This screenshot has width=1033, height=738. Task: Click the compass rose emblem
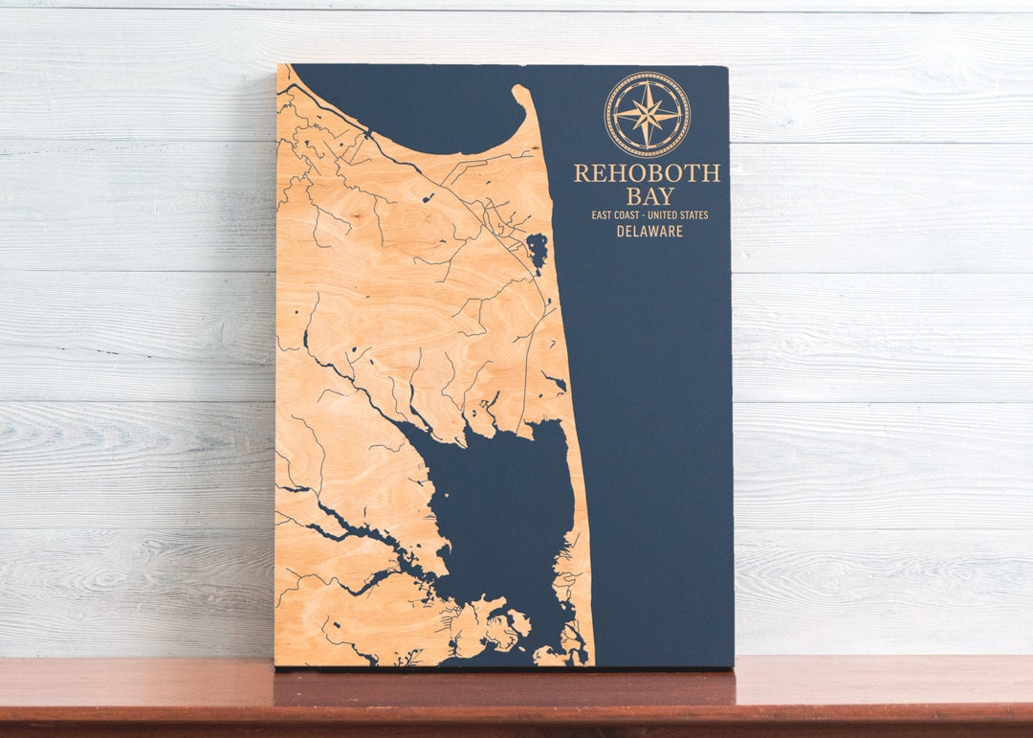click(x=647, y=115)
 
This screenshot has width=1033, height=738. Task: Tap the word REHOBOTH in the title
click(x=647, y=173)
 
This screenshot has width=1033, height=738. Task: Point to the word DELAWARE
click(x=649, y=232)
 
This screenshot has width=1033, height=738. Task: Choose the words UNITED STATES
click(x=679, y=215)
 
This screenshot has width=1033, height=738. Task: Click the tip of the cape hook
click(x=519, y=90)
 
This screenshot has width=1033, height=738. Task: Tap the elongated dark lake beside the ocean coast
click(x=538, y=251)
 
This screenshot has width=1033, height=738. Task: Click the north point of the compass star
click(x=647, y=82)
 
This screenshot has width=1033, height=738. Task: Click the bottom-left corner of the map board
click(x=276, y=664)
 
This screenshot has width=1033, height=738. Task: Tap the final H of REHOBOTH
click(x=712, y=173)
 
